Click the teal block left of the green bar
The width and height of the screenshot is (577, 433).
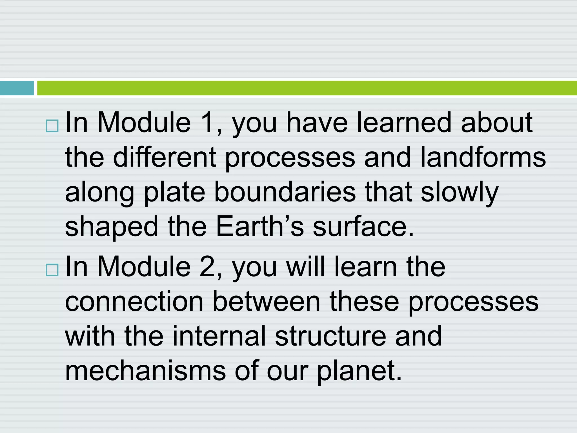point(17,88)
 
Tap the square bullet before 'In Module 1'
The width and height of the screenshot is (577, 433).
point(52,126)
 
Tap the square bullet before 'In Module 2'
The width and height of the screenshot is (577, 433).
point(52,270)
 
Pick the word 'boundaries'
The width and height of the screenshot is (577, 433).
point(285,192)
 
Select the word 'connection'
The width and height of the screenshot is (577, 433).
point(134,302)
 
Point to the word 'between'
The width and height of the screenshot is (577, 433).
point(266,302)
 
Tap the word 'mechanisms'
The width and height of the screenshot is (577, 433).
point(145,371)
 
